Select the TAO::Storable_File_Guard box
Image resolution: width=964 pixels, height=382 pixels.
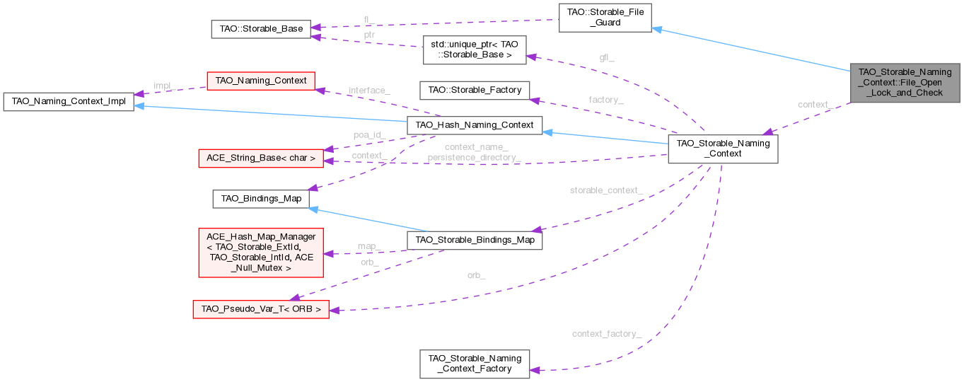[604, 17]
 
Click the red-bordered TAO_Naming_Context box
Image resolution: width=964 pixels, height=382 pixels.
[260, 80]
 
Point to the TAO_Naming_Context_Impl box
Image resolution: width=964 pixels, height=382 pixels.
[68, 101]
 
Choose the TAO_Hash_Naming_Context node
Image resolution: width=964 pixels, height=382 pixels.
[474, 125]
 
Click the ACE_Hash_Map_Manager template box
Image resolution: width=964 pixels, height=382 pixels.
[261, 253]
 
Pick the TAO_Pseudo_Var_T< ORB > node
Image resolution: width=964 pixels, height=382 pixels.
[261, 309]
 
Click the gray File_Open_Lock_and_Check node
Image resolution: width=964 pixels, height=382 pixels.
[905, 82]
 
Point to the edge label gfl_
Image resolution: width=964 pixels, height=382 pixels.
[607, 57]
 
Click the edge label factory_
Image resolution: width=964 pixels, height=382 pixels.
[605, 100]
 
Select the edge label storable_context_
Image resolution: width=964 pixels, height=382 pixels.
[606, 190]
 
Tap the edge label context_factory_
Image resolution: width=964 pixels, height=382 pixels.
[606, 333]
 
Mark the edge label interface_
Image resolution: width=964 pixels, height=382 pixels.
[368, 91]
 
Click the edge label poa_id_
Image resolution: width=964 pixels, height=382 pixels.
[369, 134]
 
